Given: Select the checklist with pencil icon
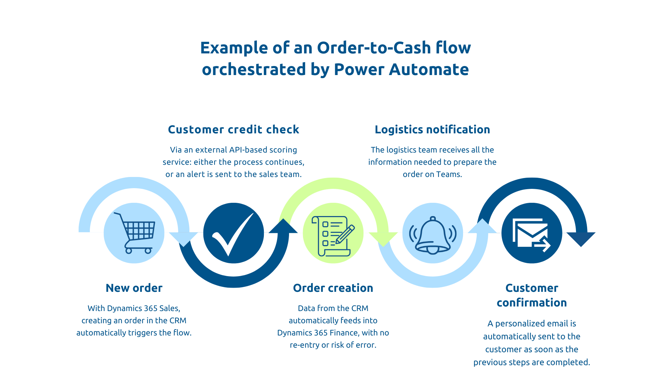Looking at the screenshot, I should point(333,236).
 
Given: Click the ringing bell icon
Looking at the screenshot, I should point(433,235).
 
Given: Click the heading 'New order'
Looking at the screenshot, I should point(134,288).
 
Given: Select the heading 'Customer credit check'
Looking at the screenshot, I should point(233,130).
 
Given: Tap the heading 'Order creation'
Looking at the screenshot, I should point(333,288).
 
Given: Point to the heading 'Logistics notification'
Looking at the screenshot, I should point(432,130).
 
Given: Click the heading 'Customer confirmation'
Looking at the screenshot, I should point(532,295).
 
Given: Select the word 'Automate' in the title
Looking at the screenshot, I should point(429,69).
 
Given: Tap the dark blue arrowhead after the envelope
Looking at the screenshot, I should point(581,238).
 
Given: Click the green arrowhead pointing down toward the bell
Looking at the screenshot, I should point(383,238).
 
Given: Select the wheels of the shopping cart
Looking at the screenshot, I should point(138,251).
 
